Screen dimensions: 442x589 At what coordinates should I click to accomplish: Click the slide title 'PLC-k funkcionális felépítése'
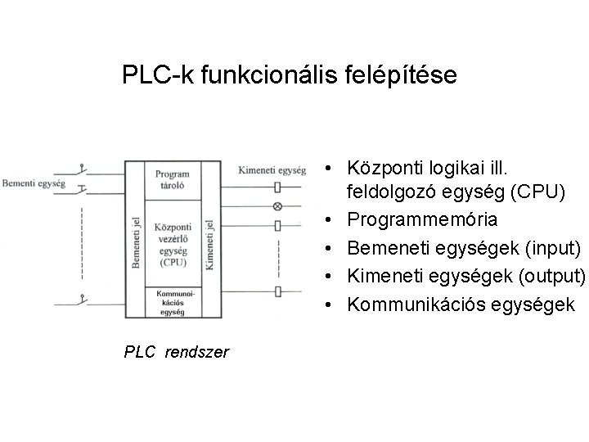(290, 75)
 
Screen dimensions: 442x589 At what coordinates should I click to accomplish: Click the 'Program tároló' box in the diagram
(172, 178)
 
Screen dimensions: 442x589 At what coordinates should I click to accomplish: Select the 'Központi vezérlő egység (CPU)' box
(172, 241)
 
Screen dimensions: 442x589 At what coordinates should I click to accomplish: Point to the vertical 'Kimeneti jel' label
(209, 243)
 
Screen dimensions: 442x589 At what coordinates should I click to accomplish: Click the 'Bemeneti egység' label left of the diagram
(34, 180)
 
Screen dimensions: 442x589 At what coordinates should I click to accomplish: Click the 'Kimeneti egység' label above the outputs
(272, 170)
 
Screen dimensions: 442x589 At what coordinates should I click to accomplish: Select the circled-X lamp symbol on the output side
(277, 205)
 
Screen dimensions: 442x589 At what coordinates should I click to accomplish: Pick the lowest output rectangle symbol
(277, 291)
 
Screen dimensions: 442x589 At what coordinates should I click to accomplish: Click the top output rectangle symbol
(277, 187)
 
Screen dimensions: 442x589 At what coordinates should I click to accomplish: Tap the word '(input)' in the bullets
(551, 248)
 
